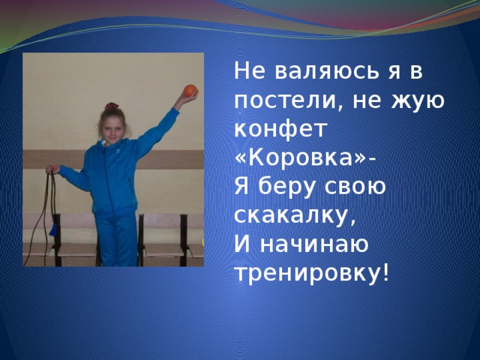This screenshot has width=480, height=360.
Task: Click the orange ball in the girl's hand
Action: coord(190,91)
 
